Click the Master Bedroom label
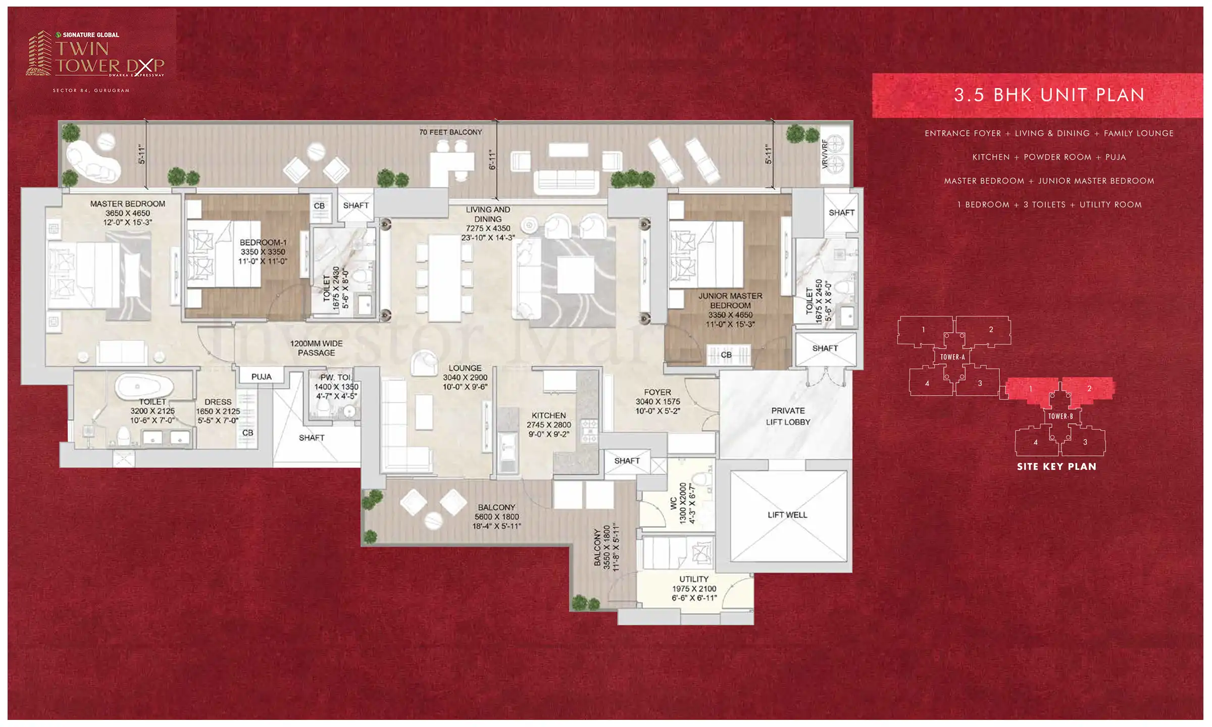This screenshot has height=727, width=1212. (x=128, y=204)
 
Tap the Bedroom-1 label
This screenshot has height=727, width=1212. (x=263, y=242)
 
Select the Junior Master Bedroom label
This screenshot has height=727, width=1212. (x=730, y=300)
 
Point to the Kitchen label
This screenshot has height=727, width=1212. (x=548, y=416)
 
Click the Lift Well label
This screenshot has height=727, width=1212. (x=787, y=515)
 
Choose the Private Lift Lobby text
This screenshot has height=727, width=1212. (x=788, y=417)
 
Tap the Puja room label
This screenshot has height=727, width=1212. (x=261, y=377)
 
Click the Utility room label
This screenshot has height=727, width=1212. (x=694, y=579)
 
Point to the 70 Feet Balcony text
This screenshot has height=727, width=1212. (x=450, y=132)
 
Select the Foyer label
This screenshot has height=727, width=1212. (x=658, y=392)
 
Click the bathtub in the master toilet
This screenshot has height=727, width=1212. (x=144, y=386)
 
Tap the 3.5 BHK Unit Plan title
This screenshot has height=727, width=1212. (x=1049, y=95)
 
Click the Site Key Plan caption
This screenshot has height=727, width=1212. (x=1056, y=466)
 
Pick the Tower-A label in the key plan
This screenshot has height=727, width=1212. (x=952, y=357)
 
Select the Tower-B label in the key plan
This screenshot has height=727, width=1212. (x=1060, y=416)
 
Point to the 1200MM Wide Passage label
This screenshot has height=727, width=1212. (x=316, y=348)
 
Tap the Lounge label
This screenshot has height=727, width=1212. (x=465, y=368)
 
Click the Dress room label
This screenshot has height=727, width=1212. (x=218, y=402)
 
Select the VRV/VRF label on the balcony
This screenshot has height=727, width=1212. (x=825, y=153)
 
